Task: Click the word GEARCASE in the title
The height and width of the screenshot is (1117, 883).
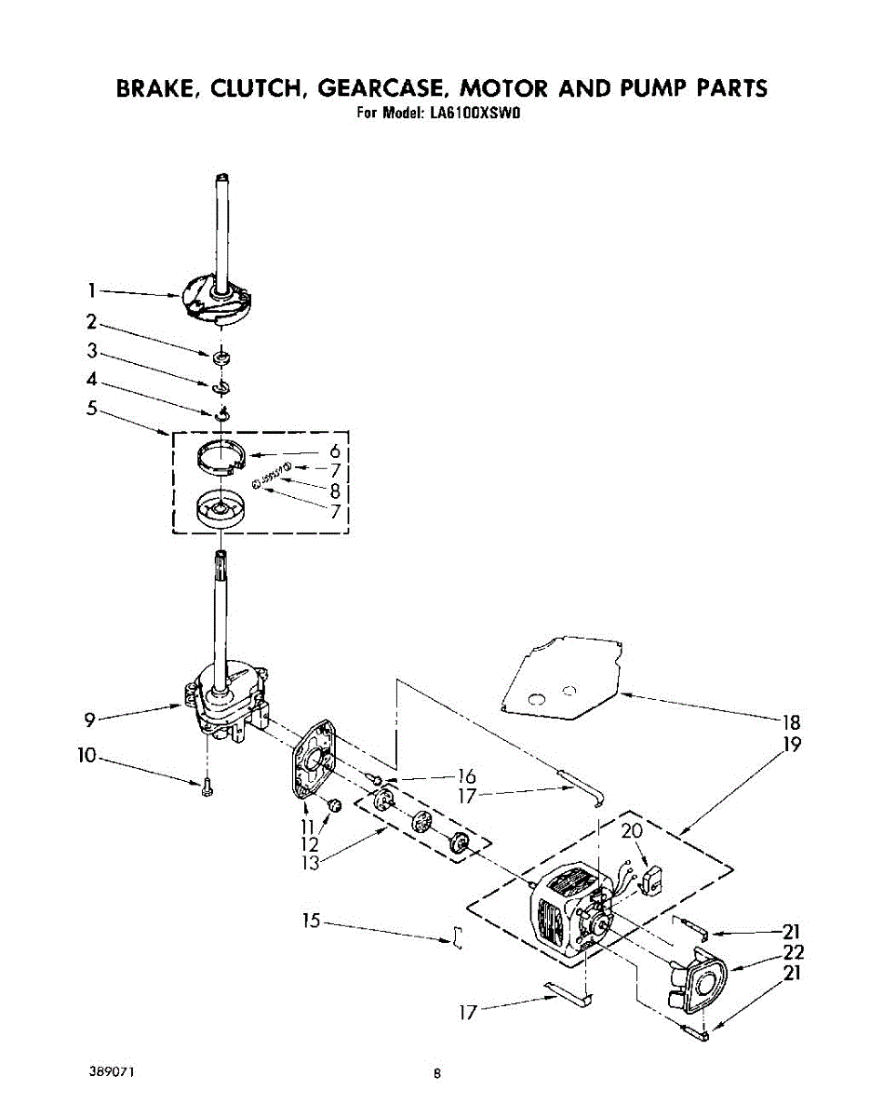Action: click(381, 88)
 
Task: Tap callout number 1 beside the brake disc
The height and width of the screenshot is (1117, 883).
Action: click(92, 289)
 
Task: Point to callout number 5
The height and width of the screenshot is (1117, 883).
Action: click(92, 407)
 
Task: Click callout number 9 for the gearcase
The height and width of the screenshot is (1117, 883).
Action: click(89, 718)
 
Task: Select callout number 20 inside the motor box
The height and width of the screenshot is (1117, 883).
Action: click(632, 832)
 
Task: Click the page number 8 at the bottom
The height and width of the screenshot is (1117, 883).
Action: click(437, 1073)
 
